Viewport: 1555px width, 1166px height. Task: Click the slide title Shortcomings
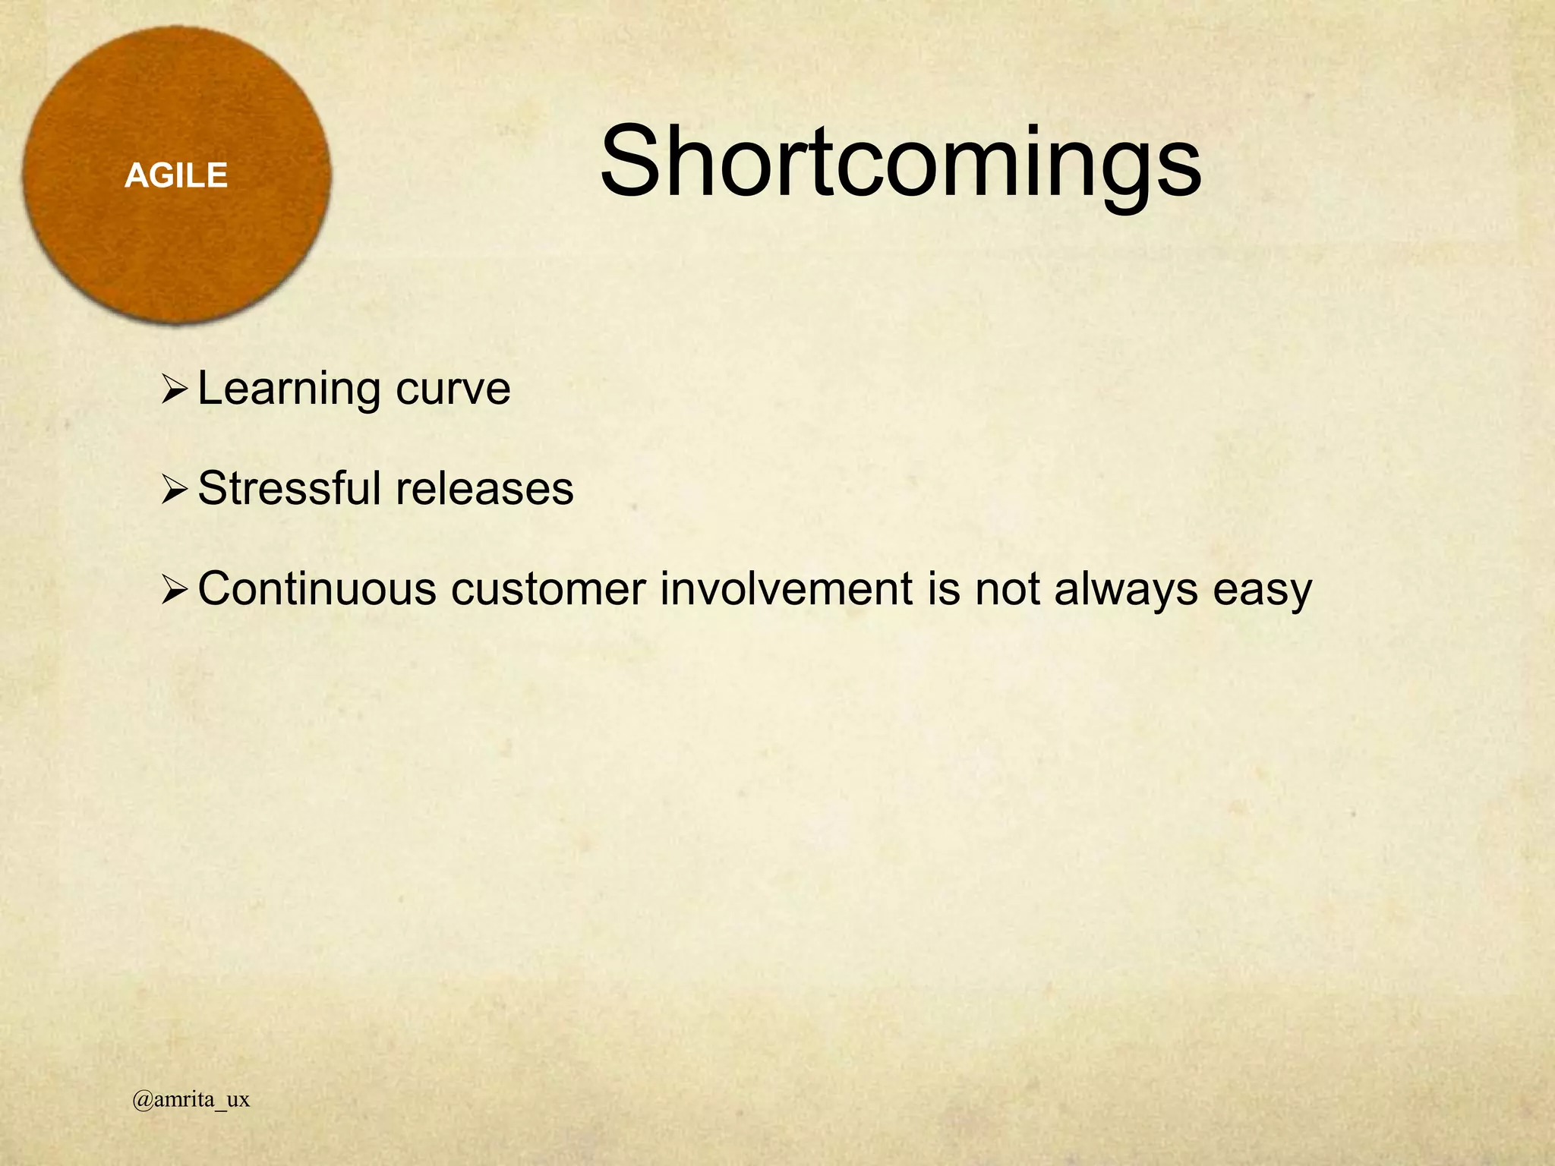pos(901,163)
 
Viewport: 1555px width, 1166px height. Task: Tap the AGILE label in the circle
pos(176,176)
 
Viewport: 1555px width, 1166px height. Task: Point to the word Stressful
pos(289,488)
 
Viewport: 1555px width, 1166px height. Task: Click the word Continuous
pos(317,589)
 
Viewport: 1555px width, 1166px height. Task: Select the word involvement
pos(786,589)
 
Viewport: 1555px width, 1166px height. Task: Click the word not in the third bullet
pos(1007,589)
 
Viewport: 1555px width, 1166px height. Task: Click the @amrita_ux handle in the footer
pos(191,1100)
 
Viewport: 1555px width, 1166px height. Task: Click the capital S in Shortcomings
pos(632,162)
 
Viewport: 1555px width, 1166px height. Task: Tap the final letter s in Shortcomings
pos(1180,172)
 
